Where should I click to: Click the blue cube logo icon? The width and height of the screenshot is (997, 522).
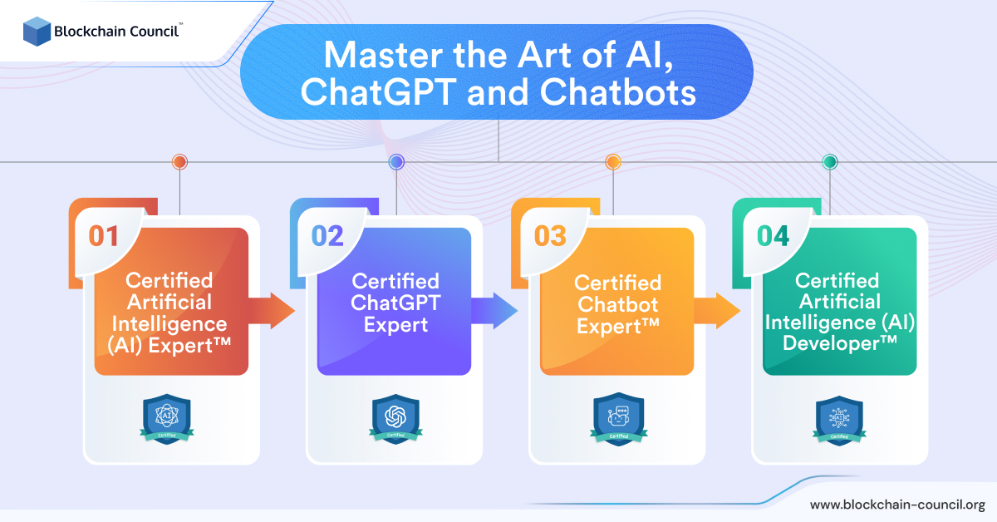pyautogui.click(x=37, y=32)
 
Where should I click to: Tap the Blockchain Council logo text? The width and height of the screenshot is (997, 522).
pyautogui.click(x=116, y=32)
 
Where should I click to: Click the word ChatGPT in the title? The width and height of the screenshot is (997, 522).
pyautogui.click(x=379, y=92)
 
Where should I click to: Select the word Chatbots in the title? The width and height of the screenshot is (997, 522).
pyautogui.click(x=618, y=92)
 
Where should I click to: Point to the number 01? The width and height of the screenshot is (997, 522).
pyautogui.click(x=103, y=235)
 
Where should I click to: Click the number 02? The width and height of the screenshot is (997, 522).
pyautogui.click(x=327, y=235)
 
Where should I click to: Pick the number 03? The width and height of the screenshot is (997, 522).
pyautogui.click(x=550, y=235)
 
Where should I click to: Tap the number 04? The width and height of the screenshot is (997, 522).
pyautogui.click(x=774, y=235)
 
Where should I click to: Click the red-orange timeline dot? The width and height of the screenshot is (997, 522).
pyautogui.click(x=179, y=162)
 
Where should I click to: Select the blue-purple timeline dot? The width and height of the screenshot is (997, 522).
pyautogui.click(x=396, y=162)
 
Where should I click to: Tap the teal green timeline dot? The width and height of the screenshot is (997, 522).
pyautogui.click(x=830, y=162)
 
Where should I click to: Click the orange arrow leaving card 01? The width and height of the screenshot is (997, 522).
pyautogui.click(x=271, y=311)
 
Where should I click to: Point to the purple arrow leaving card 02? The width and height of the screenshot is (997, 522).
pyautogui.click(x=494, y=311)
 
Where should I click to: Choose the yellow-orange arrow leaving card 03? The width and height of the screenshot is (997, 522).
pyautogui.click(x=716, y=311)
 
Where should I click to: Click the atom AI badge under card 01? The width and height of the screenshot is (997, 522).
pyautogui.click(x=167, y=419)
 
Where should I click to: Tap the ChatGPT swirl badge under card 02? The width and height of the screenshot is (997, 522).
pyautogui.click(x=395, y=419)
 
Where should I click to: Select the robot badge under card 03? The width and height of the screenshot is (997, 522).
pyautogui.click(x=619, y=419)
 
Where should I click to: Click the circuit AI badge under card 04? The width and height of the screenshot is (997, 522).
pyautogui.click(x=839, y=421)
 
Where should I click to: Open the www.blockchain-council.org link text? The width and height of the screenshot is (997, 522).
pyautogui.click(x=897, y=505)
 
